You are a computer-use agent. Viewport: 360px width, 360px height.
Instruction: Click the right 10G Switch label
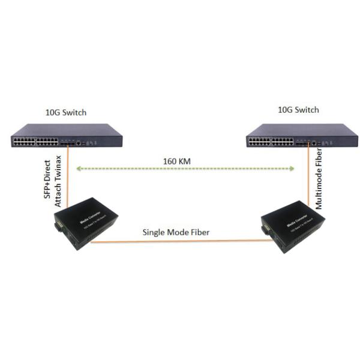coord(299,110)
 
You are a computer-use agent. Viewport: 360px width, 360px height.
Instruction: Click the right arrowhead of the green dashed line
coord(293,169)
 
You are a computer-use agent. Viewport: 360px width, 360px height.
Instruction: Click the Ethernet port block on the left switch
coord(34,142)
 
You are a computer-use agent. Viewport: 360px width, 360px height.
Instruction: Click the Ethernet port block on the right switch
coord(270,142)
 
